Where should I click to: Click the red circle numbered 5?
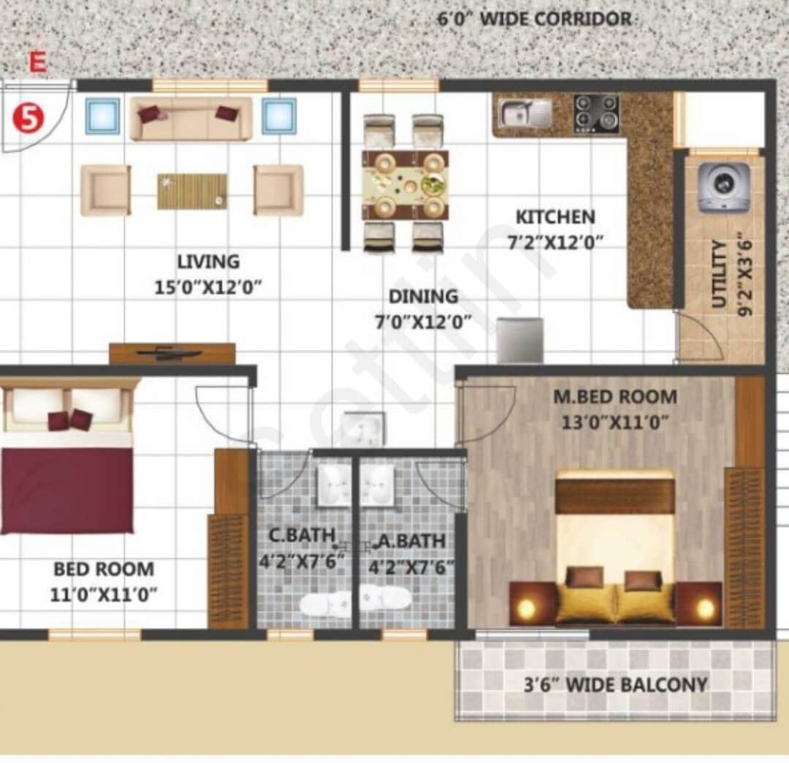28,118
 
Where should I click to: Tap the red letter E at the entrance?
37,63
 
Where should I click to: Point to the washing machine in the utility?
723,187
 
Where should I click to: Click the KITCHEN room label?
555,217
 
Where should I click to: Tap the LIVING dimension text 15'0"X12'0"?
208,287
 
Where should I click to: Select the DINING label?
423,297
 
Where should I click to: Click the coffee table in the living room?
191,191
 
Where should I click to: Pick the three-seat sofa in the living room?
191,118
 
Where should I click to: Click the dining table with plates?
405,184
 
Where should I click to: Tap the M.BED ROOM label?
614,398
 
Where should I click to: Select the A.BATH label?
411,542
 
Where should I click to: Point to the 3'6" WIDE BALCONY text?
616,685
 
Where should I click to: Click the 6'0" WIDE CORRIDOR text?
534,18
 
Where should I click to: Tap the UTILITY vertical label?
720,274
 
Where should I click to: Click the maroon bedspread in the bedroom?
66,490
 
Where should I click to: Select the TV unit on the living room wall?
172,353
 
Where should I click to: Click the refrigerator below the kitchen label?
519,340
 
